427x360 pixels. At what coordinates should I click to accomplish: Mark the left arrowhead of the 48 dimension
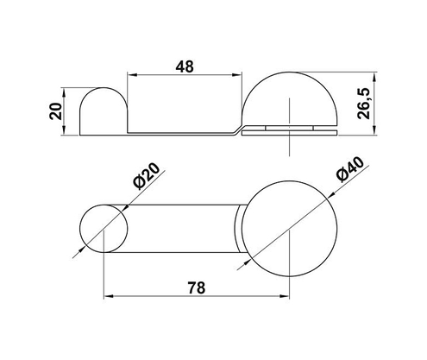pos(132,75)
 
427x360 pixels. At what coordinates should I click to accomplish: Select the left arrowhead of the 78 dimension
pos(108,297)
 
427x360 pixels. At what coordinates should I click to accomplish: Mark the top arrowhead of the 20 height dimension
pos(67,90)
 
